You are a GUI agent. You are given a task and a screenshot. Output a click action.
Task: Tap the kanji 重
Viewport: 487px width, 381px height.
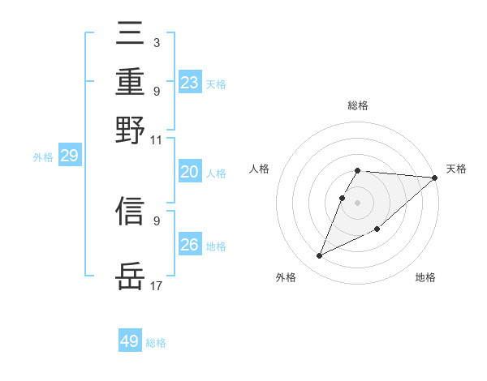pos(131,83)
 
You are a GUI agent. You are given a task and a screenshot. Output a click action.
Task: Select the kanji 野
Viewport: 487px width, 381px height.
pos(131,131)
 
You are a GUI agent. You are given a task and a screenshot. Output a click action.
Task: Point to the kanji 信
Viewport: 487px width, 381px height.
pos(131,212)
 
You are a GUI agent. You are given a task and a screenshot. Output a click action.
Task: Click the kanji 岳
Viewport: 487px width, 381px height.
pos(131,277)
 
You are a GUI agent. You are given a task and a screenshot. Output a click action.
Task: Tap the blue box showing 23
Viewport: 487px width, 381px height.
pos(190,83)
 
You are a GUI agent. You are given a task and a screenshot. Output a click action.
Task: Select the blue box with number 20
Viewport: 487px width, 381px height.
pos(190,172)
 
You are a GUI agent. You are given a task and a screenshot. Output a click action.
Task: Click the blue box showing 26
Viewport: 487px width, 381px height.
pos(190,245)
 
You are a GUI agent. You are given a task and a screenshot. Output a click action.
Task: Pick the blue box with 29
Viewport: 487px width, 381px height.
pos(69,156)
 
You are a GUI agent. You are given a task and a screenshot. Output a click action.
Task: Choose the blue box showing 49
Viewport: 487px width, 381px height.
pos(130,341)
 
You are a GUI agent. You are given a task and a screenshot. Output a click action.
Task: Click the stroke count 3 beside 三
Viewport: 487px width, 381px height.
pos(156,42)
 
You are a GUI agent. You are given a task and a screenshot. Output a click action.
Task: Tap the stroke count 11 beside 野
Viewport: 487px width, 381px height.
pos(157,139)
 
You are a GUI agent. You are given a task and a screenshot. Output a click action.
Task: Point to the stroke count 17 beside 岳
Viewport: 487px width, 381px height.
pos(157,285)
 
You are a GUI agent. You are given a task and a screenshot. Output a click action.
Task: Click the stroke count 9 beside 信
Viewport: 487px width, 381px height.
pos(156,220)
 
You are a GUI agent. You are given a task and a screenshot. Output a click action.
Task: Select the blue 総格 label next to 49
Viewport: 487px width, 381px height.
pos(156,343)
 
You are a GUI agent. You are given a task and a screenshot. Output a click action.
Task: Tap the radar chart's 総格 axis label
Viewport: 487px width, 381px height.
pos(358,106)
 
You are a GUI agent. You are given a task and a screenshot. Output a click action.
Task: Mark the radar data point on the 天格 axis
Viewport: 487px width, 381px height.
pos(434,178)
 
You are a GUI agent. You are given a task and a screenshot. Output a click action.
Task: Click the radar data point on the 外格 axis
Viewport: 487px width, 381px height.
pos(320,256)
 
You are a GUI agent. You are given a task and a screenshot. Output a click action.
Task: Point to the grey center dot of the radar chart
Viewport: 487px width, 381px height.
pos(358,202)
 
